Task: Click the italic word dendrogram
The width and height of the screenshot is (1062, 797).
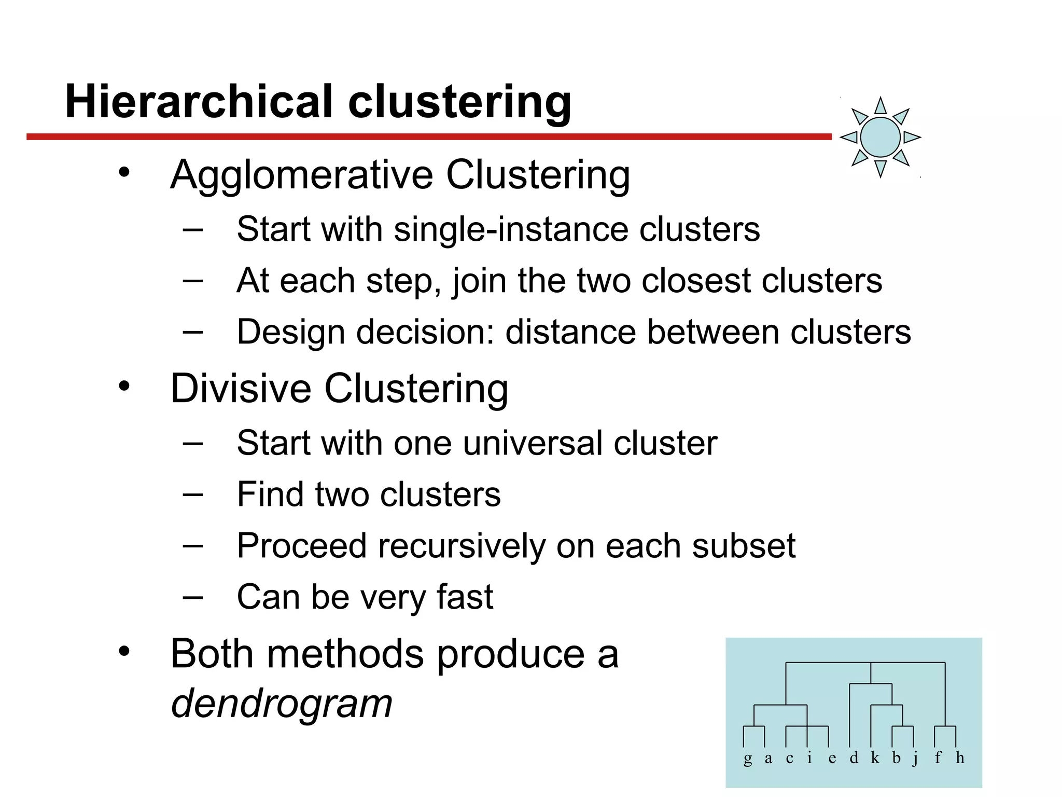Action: tap(282, 704)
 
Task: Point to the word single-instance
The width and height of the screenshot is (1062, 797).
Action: tap(511, 229)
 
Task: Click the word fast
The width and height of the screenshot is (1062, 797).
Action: tap(465, 597)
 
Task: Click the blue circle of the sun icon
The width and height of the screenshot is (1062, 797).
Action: tap(880, 137)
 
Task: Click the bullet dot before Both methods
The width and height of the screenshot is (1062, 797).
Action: tap(123, 652)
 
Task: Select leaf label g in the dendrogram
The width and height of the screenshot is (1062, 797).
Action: tap(747, 759)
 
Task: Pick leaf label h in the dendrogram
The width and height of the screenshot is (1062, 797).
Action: tap(960, 758)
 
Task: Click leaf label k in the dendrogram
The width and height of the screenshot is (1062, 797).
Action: tap(875, 758)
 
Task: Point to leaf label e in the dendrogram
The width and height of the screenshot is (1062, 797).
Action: tap(832, 759)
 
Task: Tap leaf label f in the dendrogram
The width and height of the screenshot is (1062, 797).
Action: tap(938, 758)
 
